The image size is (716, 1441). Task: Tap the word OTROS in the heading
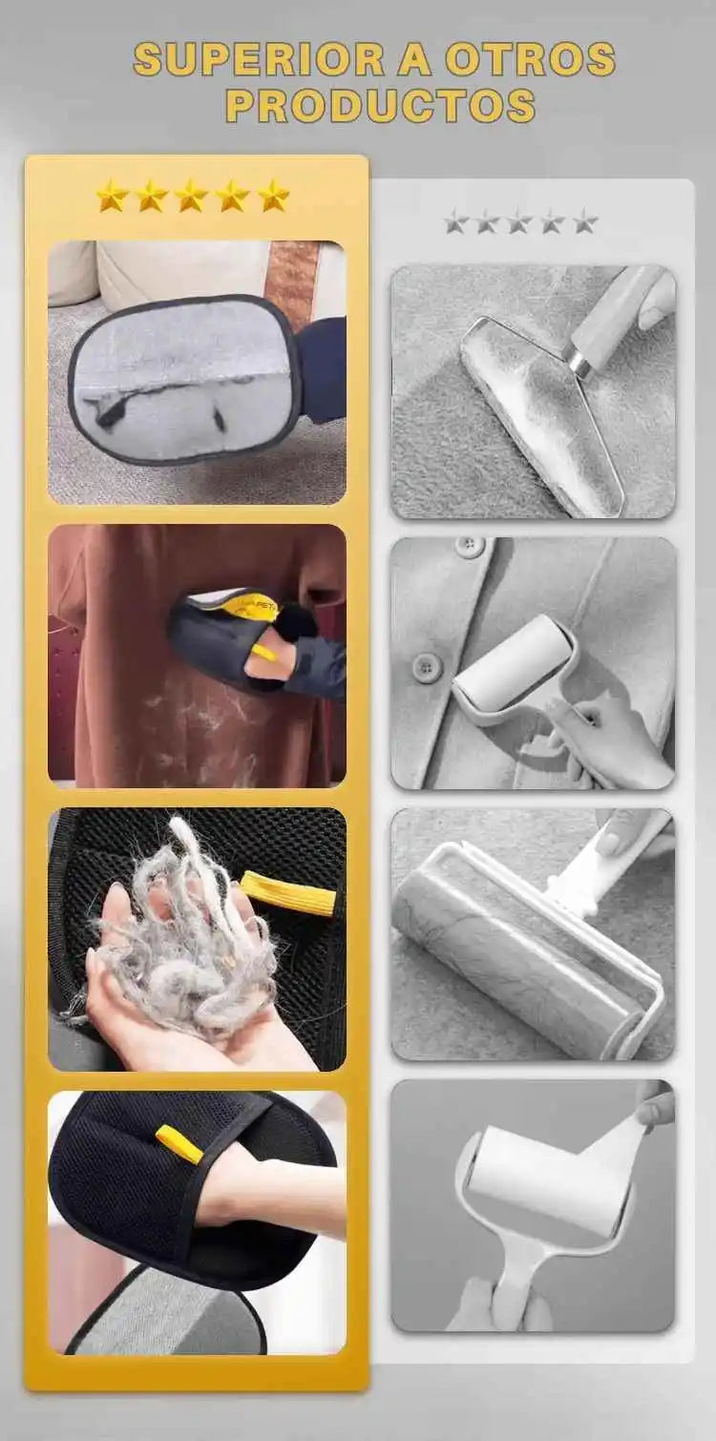532,59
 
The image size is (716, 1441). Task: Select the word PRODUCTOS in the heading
381,106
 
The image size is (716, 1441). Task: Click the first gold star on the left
112,196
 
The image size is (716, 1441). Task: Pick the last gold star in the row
273,196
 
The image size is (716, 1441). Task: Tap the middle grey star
519,222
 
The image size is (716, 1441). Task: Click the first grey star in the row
456,222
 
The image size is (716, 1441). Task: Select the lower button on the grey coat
424,665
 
